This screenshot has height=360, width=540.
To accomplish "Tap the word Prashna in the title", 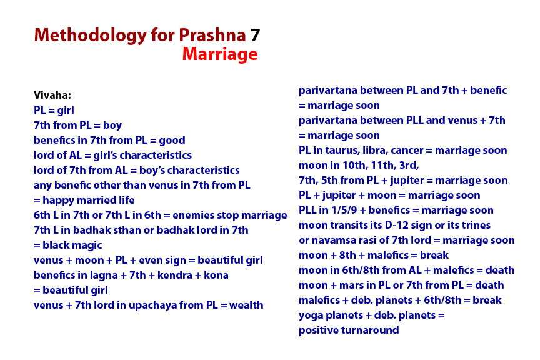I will [x=211, y=36].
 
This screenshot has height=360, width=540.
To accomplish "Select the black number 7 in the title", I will [x=255, y=36].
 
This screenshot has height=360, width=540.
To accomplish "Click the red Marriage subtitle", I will [x=220, y=55].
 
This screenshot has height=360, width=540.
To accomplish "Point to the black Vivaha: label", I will [x=52, y=96].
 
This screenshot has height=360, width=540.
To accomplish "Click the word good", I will [x=173, y=141].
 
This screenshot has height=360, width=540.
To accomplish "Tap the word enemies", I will [x=191, y=216].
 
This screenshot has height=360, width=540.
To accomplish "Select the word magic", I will [x=86, y=246].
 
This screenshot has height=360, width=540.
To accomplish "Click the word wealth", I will [x=246, y=306].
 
